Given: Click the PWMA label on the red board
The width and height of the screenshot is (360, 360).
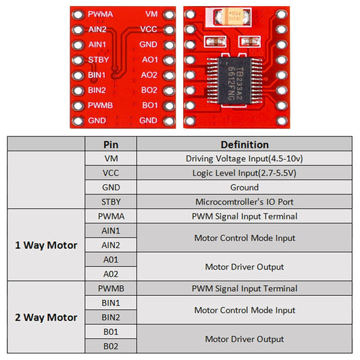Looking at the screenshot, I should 100,14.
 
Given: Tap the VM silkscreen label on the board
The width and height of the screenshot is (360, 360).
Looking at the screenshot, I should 151,14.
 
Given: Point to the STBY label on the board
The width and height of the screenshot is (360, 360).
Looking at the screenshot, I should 98,59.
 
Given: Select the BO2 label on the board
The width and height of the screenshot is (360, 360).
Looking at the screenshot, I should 149,90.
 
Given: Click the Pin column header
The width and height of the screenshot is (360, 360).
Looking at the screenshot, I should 111,145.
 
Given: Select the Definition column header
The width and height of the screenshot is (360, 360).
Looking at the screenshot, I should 244,145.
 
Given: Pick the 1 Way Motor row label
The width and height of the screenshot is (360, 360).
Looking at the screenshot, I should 46,245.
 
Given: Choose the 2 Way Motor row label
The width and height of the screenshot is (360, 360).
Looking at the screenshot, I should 46,317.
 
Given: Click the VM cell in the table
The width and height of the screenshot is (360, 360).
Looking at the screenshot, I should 111,159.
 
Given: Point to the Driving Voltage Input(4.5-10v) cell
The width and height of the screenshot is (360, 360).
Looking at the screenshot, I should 244,159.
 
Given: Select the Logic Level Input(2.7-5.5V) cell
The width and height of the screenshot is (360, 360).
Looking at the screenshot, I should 244,173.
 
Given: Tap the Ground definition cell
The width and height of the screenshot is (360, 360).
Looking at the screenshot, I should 244,187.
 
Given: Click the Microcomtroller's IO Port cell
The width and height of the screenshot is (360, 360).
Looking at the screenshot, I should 244,202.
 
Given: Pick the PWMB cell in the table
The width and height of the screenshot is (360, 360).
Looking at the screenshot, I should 111,288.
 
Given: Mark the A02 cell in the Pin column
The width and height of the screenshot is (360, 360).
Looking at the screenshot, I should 111,274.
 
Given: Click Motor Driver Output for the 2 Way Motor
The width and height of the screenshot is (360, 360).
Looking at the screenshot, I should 244,339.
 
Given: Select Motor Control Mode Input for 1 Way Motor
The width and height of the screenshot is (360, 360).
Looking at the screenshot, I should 244,238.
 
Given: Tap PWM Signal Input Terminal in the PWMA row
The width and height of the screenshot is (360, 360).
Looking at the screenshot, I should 244,216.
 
